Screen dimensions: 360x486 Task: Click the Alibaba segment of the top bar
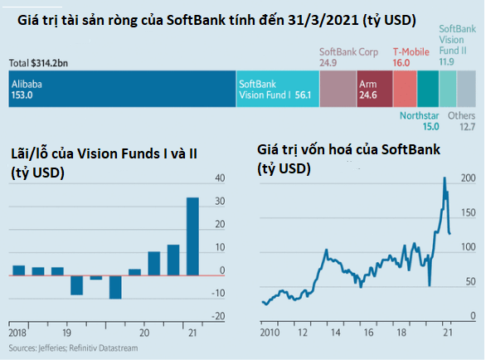tap(120, 90)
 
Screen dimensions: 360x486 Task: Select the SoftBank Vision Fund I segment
tap(276, 90)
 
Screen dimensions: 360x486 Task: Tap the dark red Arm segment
tap(373, 90)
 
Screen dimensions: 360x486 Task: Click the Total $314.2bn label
tap(41, 63)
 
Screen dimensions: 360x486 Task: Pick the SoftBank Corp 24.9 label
tap(348, 56)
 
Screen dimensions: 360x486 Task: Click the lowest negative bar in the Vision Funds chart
tap(115, 286)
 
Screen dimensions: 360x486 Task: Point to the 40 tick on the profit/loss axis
tap(221, 178)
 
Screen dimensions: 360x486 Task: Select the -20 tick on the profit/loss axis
tap(218, 316)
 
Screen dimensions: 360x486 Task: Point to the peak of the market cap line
tap(445, 178)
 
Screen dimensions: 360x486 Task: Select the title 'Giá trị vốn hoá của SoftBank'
tap(349, 149)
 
